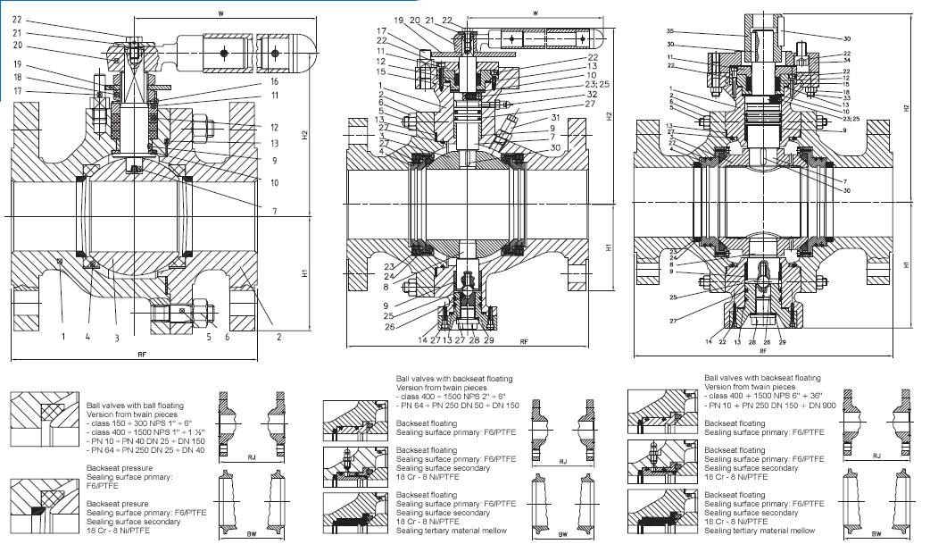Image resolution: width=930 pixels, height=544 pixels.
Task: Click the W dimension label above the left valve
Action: (x=220, y=12)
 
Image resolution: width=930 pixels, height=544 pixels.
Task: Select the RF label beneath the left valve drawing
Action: (x=142, y=355)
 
